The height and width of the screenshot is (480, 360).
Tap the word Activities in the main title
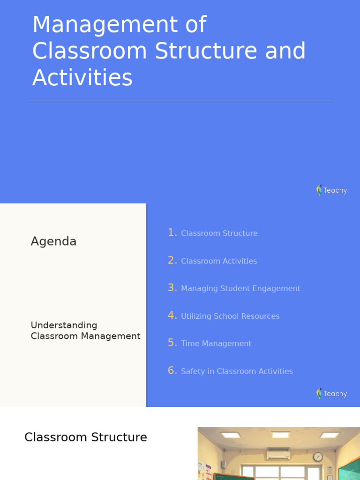(82, 78)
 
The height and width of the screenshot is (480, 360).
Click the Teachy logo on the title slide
(331, 190)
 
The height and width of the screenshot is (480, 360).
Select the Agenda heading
(53, 241)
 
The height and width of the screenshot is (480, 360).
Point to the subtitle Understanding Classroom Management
(85, 330)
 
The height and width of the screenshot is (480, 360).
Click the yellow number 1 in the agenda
(172, 232)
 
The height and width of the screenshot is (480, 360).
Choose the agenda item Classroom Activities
(219, 261)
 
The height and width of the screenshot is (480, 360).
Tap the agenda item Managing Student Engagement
(240, 289)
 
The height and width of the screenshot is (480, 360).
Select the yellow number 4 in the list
(172, 315)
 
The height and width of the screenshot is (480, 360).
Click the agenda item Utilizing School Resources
(230, 316)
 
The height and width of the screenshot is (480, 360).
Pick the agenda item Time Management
(216, 344)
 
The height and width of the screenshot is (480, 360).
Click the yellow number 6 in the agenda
(172, 371)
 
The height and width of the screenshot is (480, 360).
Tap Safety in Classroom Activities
(237, 371)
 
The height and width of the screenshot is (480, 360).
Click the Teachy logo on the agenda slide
(331, 393)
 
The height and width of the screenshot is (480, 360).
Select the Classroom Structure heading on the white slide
(86, 437)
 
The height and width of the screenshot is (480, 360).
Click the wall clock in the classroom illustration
(318, 457)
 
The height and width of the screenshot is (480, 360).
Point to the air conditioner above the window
(278, 454)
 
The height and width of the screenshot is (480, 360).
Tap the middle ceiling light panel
(280, 435)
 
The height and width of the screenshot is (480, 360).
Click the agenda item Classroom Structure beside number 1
(219, 233)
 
